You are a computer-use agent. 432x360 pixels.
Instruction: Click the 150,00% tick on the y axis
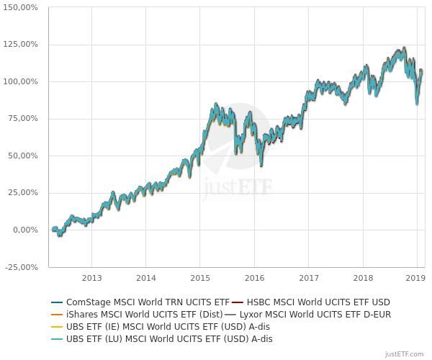(x=22, y=7)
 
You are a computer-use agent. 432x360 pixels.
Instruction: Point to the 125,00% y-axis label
(x=22, y=45)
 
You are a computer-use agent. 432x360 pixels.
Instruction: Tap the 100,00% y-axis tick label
(x=22, y=82)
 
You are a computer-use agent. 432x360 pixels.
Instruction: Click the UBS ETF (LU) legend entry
(x=169, y=338)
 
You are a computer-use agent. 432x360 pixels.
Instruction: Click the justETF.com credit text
(x=404, y=354)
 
